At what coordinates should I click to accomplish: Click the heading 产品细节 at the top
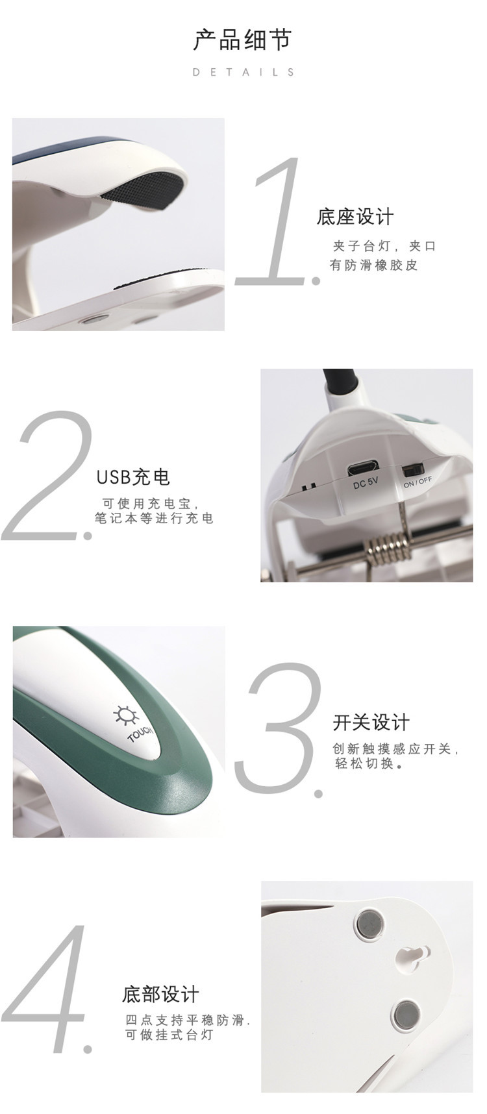(x=242, y=40)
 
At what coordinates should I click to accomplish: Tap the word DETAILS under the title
(x=243, y=72)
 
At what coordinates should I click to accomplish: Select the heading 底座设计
(x=355, y=217)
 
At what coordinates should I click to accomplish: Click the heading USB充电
(x=133, y=477)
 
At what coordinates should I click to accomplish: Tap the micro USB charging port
(x=364, y=468)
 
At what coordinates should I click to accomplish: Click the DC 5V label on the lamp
(x=365, y=484)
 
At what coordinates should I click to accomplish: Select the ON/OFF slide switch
(x=412, y=469)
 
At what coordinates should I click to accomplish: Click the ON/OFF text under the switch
(x=417, y=482)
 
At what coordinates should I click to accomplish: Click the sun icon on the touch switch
(x=126, y=715)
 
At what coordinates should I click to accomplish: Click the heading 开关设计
(x=371, y=723)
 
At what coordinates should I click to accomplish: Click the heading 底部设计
(x=160, y=995)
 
